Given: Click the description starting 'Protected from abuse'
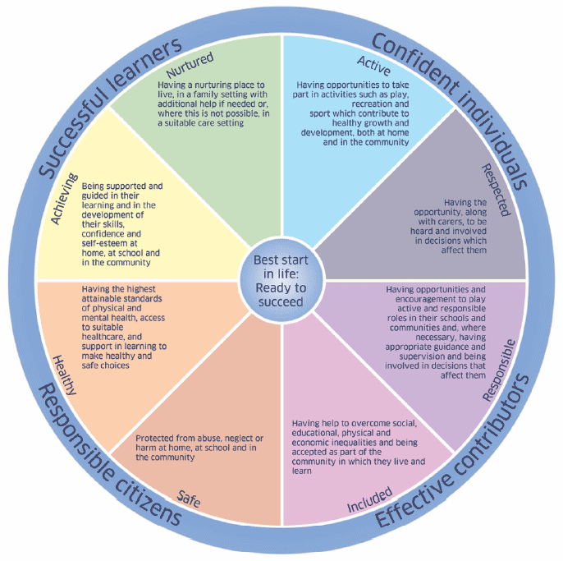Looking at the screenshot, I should click(199, 446).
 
